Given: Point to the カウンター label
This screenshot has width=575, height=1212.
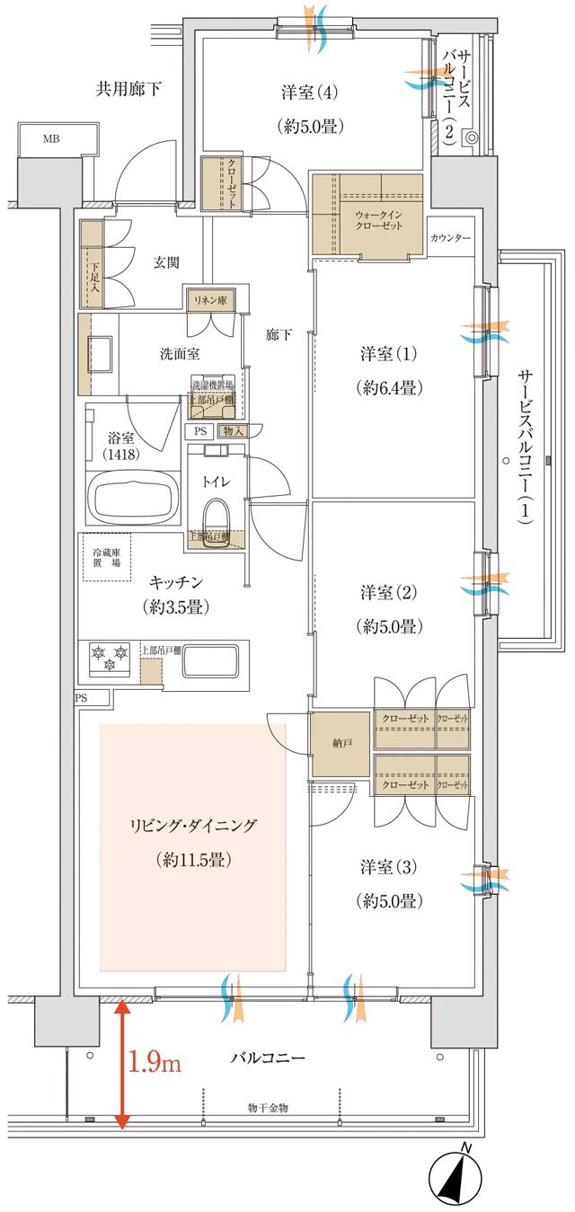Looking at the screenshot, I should pos(450,238).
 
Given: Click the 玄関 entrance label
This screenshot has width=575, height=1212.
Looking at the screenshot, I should pos(165,262).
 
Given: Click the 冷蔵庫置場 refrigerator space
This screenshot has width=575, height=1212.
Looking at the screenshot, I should pos(106,557).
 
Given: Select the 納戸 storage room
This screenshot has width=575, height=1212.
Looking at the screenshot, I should pos(341,743).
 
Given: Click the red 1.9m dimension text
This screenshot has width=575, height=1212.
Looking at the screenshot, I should pos(155,1065).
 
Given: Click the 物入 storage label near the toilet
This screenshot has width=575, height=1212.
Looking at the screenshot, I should pos(229,431).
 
